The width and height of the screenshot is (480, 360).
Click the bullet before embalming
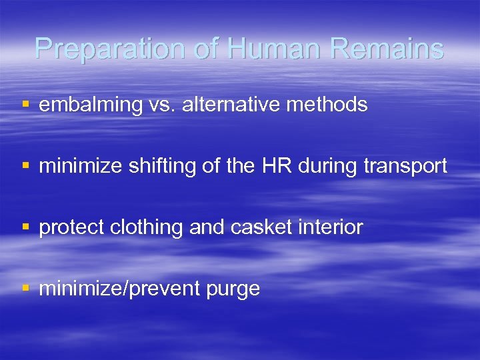point(25,105)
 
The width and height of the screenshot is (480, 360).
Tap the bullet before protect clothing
point(25,228)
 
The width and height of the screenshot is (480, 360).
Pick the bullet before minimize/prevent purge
point(25,289)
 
